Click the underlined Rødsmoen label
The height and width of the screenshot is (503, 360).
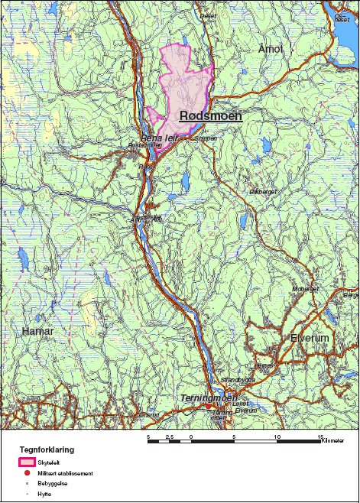(x=210, y=116)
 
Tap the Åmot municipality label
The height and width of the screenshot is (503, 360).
(x=271, y=49)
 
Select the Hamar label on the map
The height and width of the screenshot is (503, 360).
(x=37, y=330)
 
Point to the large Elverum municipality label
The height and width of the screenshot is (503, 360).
(x=309, y=338)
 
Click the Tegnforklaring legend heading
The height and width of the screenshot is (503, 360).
(x=47, y=450)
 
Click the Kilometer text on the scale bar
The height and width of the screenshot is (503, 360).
(x=333, y=441)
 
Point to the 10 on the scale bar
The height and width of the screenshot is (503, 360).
(x=277, y=436)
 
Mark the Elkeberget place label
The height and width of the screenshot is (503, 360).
(x=262, y=191)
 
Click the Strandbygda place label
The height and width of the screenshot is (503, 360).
(x=236, y=378)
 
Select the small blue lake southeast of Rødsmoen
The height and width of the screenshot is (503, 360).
(x=185, y=181)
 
